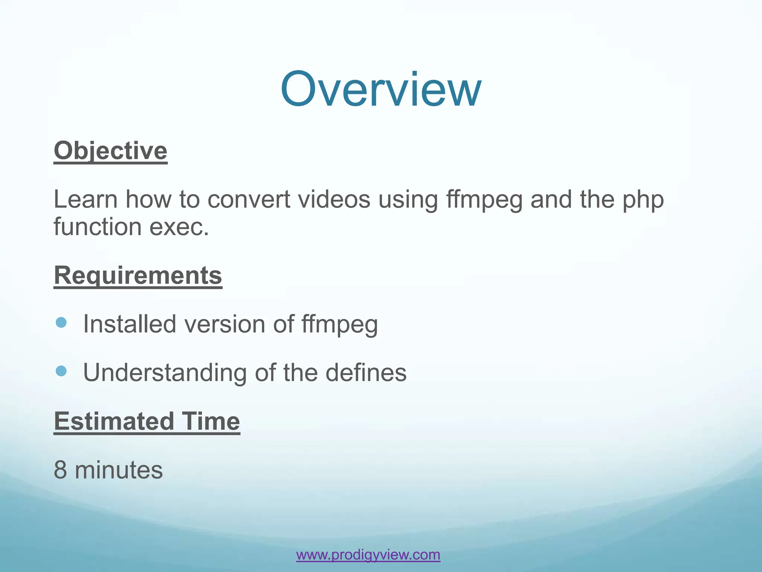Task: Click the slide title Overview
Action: coord(381,89)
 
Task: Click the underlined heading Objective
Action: coord(111,151)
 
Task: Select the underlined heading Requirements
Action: coord(138,276)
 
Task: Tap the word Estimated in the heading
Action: coord(114,421)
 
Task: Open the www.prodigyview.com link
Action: coord(368,554)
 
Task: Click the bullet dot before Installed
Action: coord(61,322)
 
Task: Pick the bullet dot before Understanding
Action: coord(61,371)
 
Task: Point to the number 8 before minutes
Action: coord(60,470)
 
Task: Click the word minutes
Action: coord(119,470)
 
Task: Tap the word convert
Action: coord(248,199)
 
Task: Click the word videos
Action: coord(334,199)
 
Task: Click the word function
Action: coord(97,227)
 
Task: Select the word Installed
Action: coord(129,324)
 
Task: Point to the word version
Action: coord(224,324)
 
